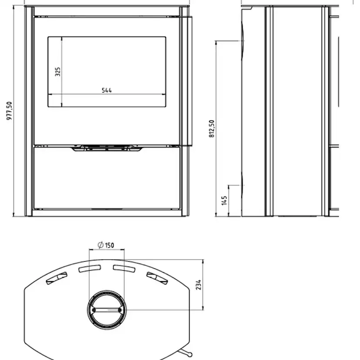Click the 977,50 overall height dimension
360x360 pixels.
click(9, 111)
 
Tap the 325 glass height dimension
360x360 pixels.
click(58, 72)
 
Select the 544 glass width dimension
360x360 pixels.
click(107, 90)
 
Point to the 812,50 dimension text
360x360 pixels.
click(211, 129)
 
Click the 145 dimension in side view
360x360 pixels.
click(224, 200)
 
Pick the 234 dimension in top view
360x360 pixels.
click(199, 285)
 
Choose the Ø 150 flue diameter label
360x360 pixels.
click(106, 245)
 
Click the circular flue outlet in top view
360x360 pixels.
click(107, 310)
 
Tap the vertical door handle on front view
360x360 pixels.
click(190, 81)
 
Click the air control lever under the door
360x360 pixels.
click(107, 148)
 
